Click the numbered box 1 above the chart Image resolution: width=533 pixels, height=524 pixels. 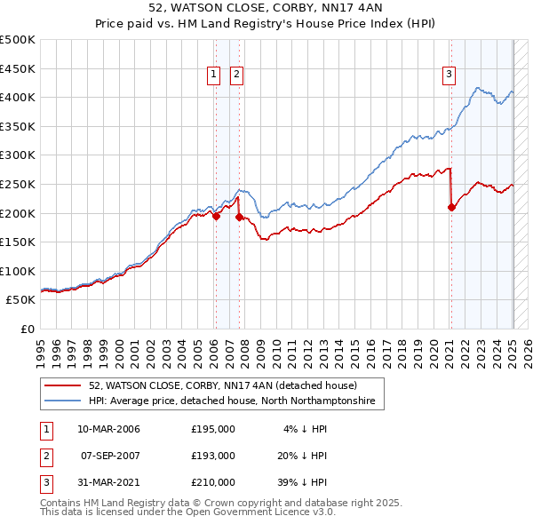point(215,75)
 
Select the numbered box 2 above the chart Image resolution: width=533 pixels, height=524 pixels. point(237,75)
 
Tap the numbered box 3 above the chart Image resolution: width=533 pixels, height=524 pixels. point(449,75)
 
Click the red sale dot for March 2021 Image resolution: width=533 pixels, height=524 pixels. point(451,207)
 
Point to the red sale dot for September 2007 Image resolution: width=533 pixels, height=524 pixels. point(239,217)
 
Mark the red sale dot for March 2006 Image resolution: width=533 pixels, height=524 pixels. point(216,215)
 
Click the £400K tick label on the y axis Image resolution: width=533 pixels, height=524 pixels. point(18,97)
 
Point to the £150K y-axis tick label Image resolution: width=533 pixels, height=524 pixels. point(18,242)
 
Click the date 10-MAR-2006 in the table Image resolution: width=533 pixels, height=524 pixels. point(108,429)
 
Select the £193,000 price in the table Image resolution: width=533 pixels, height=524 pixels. point(213,456)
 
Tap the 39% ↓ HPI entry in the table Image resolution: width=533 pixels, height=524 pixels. point(302,482)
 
